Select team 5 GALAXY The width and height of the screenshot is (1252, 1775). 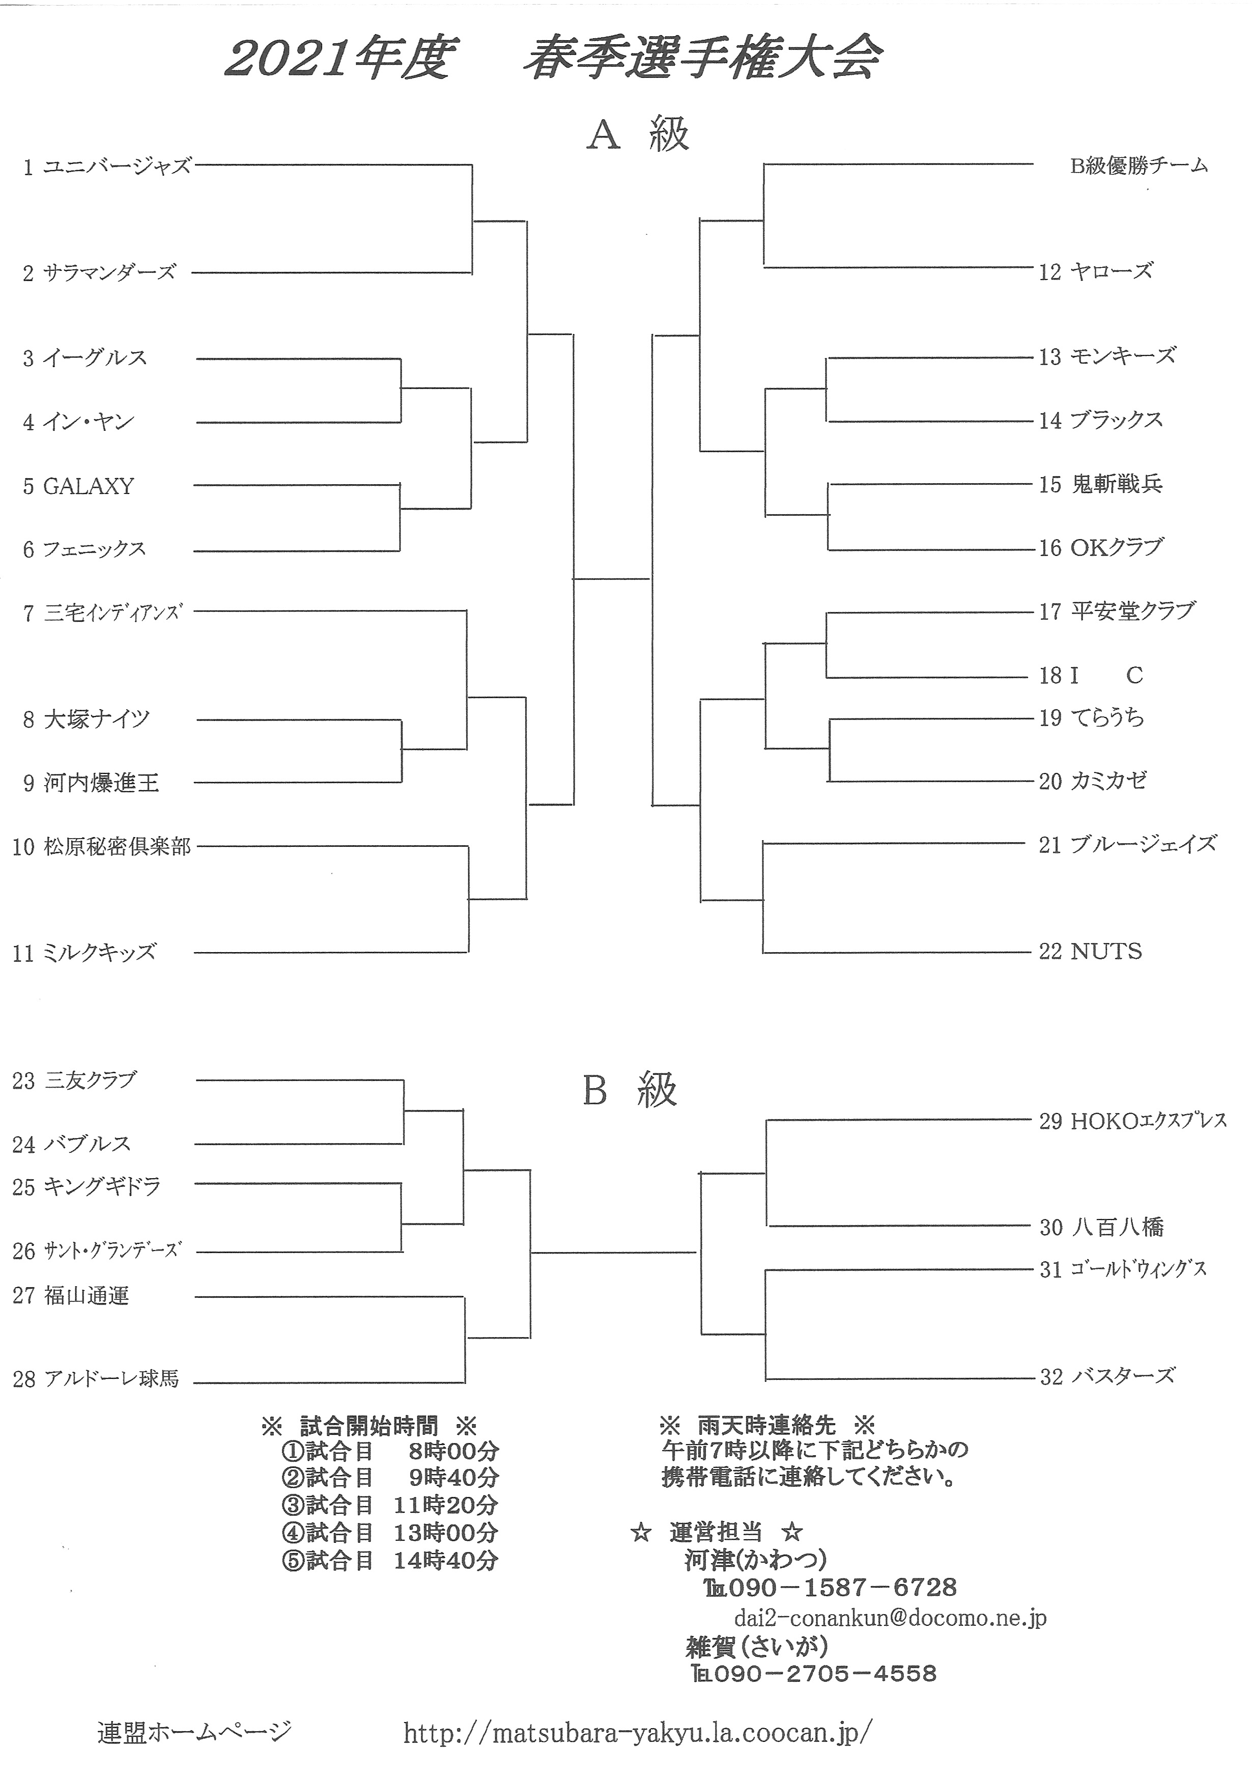pos(78,486)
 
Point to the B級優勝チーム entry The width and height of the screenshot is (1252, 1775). pos(1139,165)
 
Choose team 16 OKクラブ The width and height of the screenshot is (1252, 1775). pos(1100,548)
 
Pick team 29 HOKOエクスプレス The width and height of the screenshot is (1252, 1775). pos(1132,1121)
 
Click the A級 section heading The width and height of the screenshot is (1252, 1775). pos(638,134)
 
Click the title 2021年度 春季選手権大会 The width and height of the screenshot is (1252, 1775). pos(553,60)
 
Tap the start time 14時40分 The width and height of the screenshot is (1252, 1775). pos(445,1561)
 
